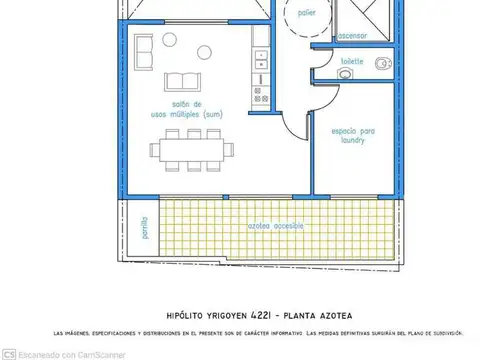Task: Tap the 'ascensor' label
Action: (x=351, y=35)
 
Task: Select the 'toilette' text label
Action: (x=352, y=61)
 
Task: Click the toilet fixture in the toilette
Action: (x=382, y=65)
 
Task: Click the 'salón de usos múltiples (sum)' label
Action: (x=186, y=110)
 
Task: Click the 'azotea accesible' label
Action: (x=270, y=226)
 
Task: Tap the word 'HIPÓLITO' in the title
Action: (x=188, y=312)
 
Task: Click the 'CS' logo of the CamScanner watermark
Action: (x=9, y=353)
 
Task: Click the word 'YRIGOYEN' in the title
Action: (x=228, y=312)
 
